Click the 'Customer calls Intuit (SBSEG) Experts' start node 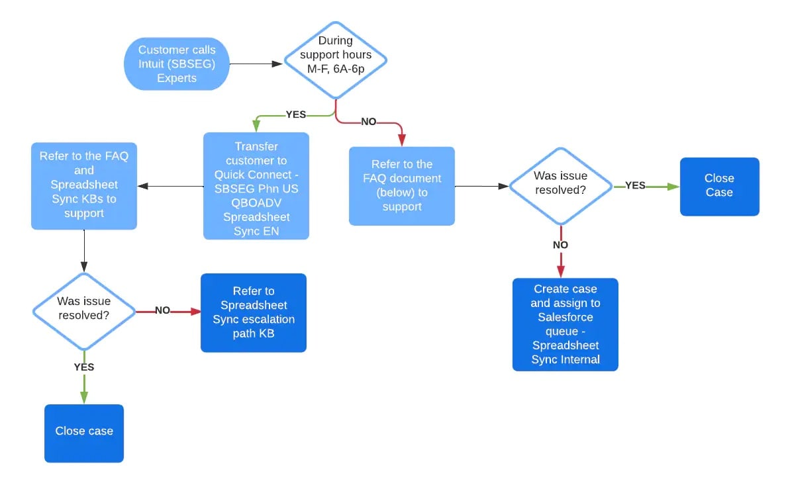pyautogui.click(x=177, y=64)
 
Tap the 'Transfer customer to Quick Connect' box pyautogui.click(x=256, y=186)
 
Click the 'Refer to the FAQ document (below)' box pyautogui.click(x=402, y=186)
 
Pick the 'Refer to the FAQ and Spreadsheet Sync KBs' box pyautogui.click(x=84, y=185)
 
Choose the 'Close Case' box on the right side pyautogui.click(x=719, y=186)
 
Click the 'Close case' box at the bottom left pyautogui.click(x=84, y=431)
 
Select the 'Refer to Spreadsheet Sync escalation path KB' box pyautogui.click(x=254, y=312)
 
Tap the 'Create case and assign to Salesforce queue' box pyautogui.click(x=565, y=324)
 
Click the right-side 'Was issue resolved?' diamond pyautogui.click(x=561, y=186)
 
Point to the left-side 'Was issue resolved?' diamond pyautogui.click(x=84, y=310)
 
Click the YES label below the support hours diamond pyautogui.click(x=295, y=114)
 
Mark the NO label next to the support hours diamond pyautogui.click(x=369, y=122)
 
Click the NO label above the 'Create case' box pyautogui.click(x=560, y=245)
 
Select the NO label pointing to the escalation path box pyautogui.click(x=162, y=310)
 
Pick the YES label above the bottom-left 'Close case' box pyautogui.click(x=84, y=367)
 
